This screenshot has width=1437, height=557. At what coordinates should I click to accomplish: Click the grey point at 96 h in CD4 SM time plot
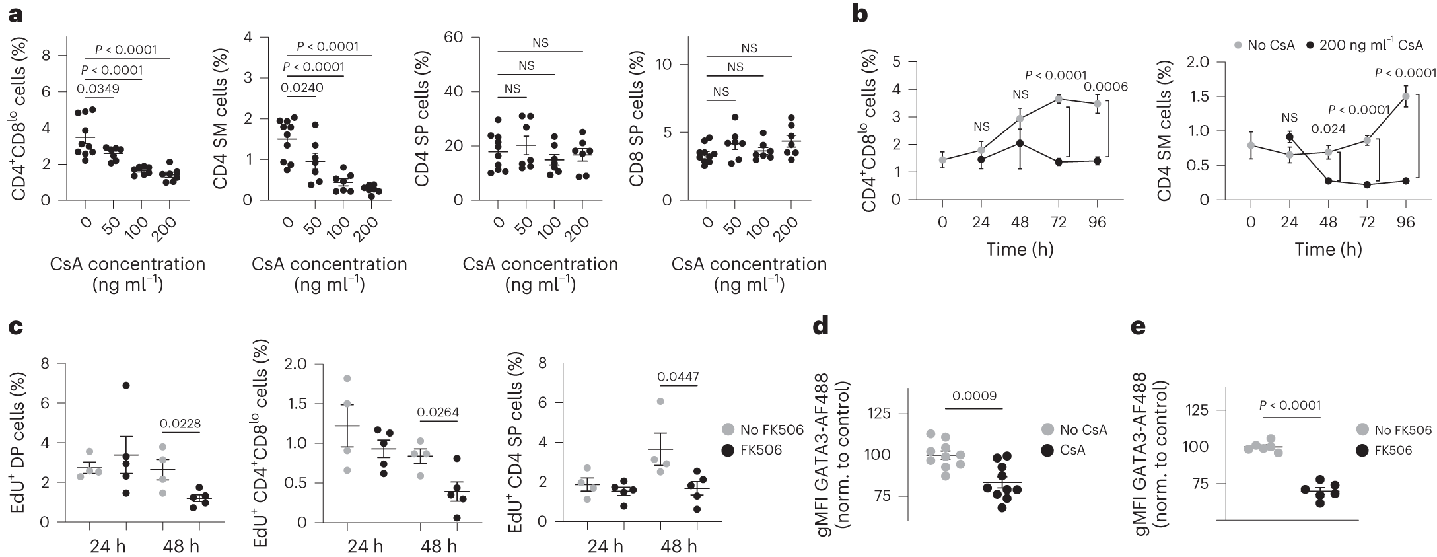click(x=1406, y=96)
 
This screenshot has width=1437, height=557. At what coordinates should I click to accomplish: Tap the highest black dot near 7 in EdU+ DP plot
click(x=125, y=385)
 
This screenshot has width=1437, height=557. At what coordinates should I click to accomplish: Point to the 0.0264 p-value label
click(x=438, y=413)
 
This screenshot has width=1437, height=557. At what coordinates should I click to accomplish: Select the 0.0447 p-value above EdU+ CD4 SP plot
click(x=678, y=377)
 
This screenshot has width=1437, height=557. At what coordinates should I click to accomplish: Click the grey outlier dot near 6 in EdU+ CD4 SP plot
click(x=660, y=401)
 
